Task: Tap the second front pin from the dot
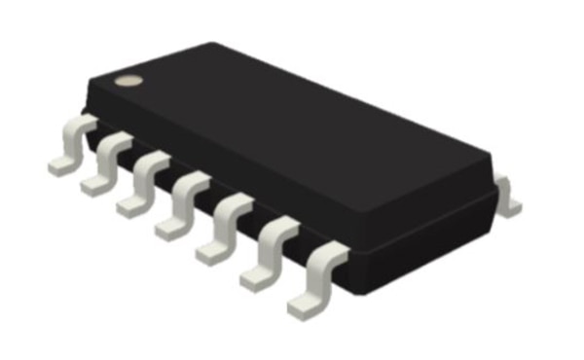click(106, 164)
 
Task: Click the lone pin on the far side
click(507, 194)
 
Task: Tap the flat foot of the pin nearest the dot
click(61, 164)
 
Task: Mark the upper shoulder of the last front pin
click(329, 255)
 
